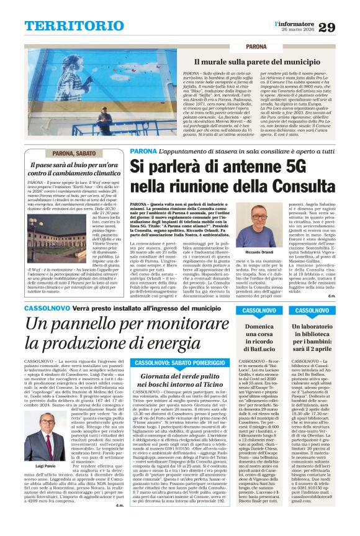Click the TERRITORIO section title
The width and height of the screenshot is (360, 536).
pos(67,25)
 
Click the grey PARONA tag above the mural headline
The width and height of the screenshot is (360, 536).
pos(256,47)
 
